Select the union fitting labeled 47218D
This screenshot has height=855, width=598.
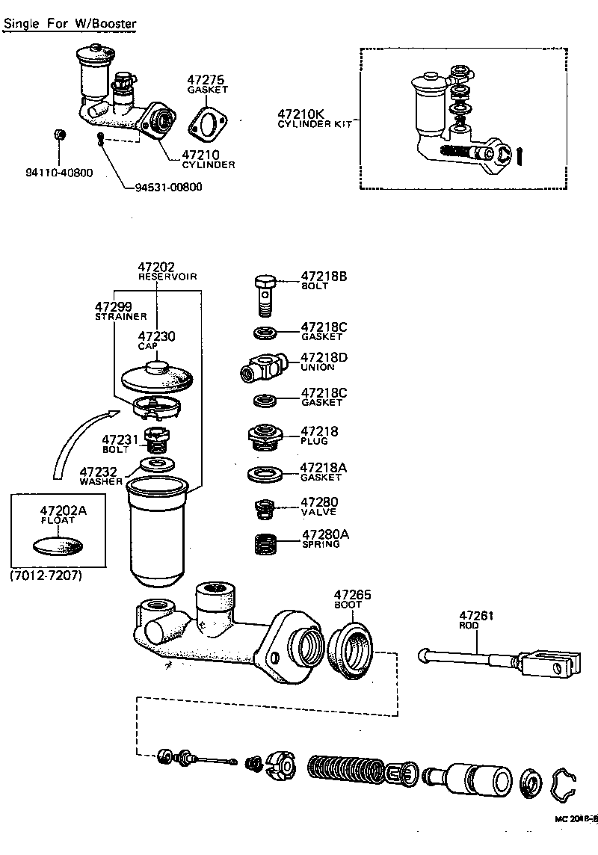262,366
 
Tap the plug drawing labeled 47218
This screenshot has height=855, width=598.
263,436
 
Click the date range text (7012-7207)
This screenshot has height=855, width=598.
46,577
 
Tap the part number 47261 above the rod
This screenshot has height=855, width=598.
477,617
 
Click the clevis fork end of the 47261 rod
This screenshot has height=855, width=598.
554,663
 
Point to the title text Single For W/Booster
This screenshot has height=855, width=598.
70,23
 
